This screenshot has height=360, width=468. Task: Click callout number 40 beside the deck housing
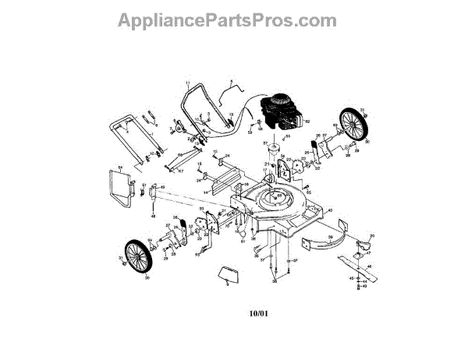coord(330,210)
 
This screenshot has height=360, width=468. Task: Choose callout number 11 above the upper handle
coord(187,83)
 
